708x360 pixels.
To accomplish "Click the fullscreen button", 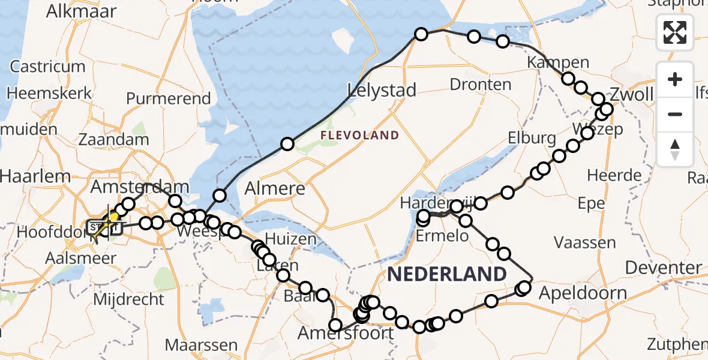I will pyautogui.click(x=675, y=32).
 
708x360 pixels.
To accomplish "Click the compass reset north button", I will pyautogui.click(x=675, y=149).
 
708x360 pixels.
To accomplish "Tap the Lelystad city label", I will pyautogui.click(x=382, y=91).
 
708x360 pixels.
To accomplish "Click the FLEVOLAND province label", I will pyautogui.click(x=359, y=135).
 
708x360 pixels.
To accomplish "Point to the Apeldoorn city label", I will pyautogui.click(x=583, y=294).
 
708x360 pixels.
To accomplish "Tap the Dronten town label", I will pyautogui.click(x=480, y=84).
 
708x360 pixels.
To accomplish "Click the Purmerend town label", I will pyautogui.click(x=169, y=98).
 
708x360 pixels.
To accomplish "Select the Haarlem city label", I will pyautogui.click(x=35, y=176).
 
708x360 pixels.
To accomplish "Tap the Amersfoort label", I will pyautogui.click(x=347, y=333).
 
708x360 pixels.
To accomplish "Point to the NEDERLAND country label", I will pyautogui.click(x=447, y=274).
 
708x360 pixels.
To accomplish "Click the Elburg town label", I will pyautogui.click(x=531, y=139).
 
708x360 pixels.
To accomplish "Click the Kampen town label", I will pyautogui.click(x=558, y=62).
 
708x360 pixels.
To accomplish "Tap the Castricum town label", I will pyautogui.click(x=47, y=67).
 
